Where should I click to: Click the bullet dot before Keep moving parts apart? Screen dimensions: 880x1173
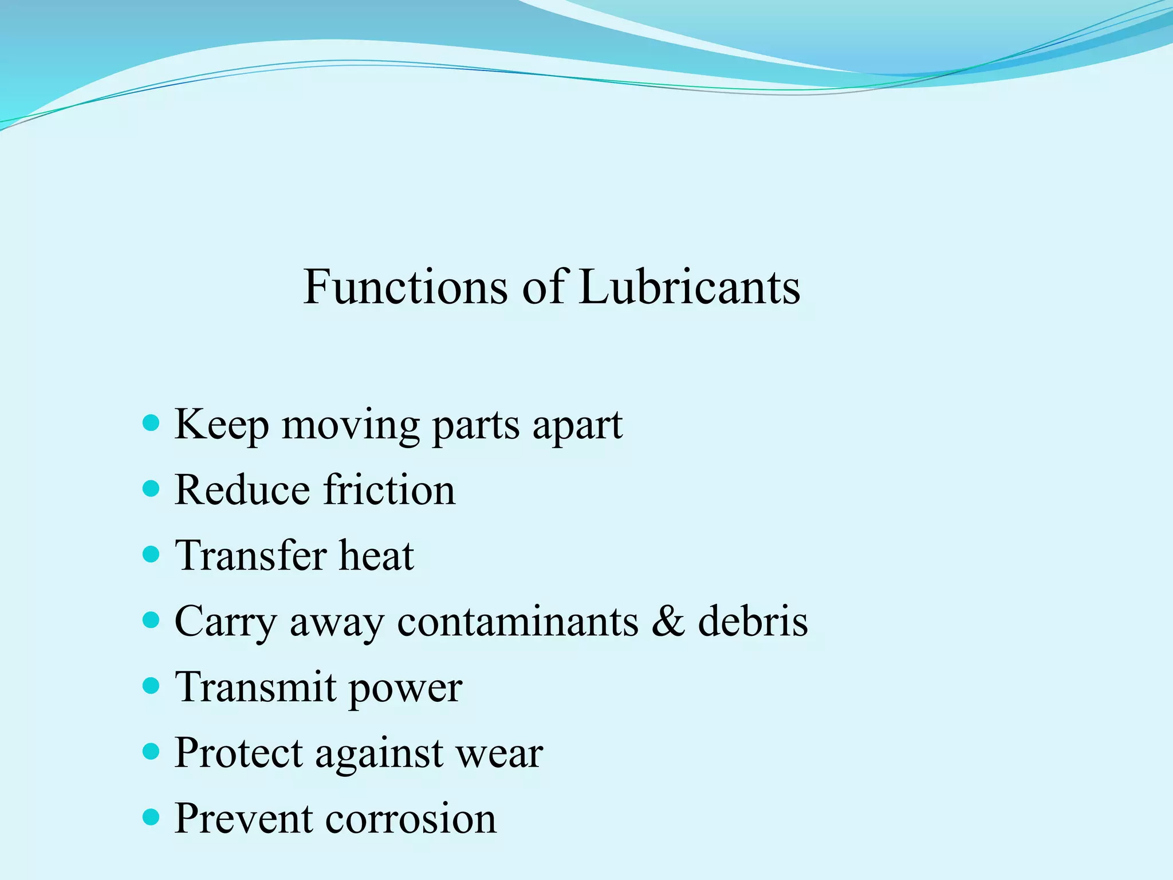[151, 423]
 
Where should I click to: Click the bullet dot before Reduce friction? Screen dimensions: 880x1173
[151, 489]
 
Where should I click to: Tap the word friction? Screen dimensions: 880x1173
[389, 490]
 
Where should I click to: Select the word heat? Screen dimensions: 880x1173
[376, 556]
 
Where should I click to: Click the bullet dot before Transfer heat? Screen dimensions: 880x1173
[151, 555]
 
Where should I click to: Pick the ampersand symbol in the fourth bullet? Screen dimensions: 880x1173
[668, 621]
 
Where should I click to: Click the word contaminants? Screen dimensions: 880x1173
[517, 622]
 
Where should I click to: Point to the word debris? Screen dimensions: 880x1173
[753, 621]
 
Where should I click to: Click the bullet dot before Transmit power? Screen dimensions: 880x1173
[151, 686]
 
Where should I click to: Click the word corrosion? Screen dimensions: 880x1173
[411, 819]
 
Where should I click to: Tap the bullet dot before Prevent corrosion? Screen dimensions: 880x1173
[151, 817]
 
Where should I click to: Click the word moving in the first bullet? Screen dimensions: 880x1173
[351, 427]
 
